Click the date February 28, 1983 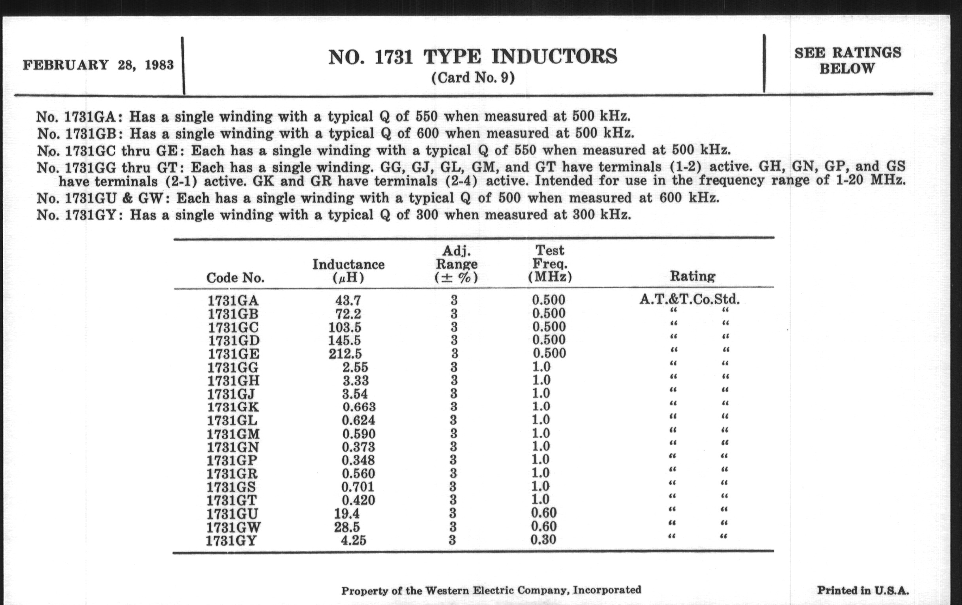pyautogui.click(x=98, y=65)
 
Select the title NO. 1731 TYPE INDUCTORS pyautogui.click(x=473, y=57)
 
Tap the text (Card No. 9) pyautogui.click(x=473, y=78)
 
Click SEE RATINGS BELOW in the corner pyautogui.click(x=847, y=61)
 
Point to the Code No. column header pyautogui.click(x=235, y=278)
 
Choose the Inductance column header pyautogui.click(x=348, y=270)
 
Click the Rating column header pyautogui.click(x=692, y=276)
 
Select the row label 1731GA pyautogui.click(x=233, y=301)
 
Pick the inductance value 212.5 pyautogui.click(x=345, y=354)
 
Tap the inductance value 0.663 pyautogui.click(x=359, y=407)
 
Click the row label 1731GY pyautogui.click(x=231, y=541)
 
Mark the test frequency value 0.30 pyautogui.click(x=543, y=540)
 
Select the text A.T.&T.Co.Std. pyautogui.click(x=689, y=299)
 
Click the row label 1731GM pyautogui.click(x=233, y=434)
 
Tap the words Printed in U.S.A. pyautogui.click(x=863, y=590)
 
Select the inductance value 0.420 pyautogui.click(x=358, y=500)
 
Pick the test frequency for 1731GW pyautogui.click(x=543, y=526)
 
